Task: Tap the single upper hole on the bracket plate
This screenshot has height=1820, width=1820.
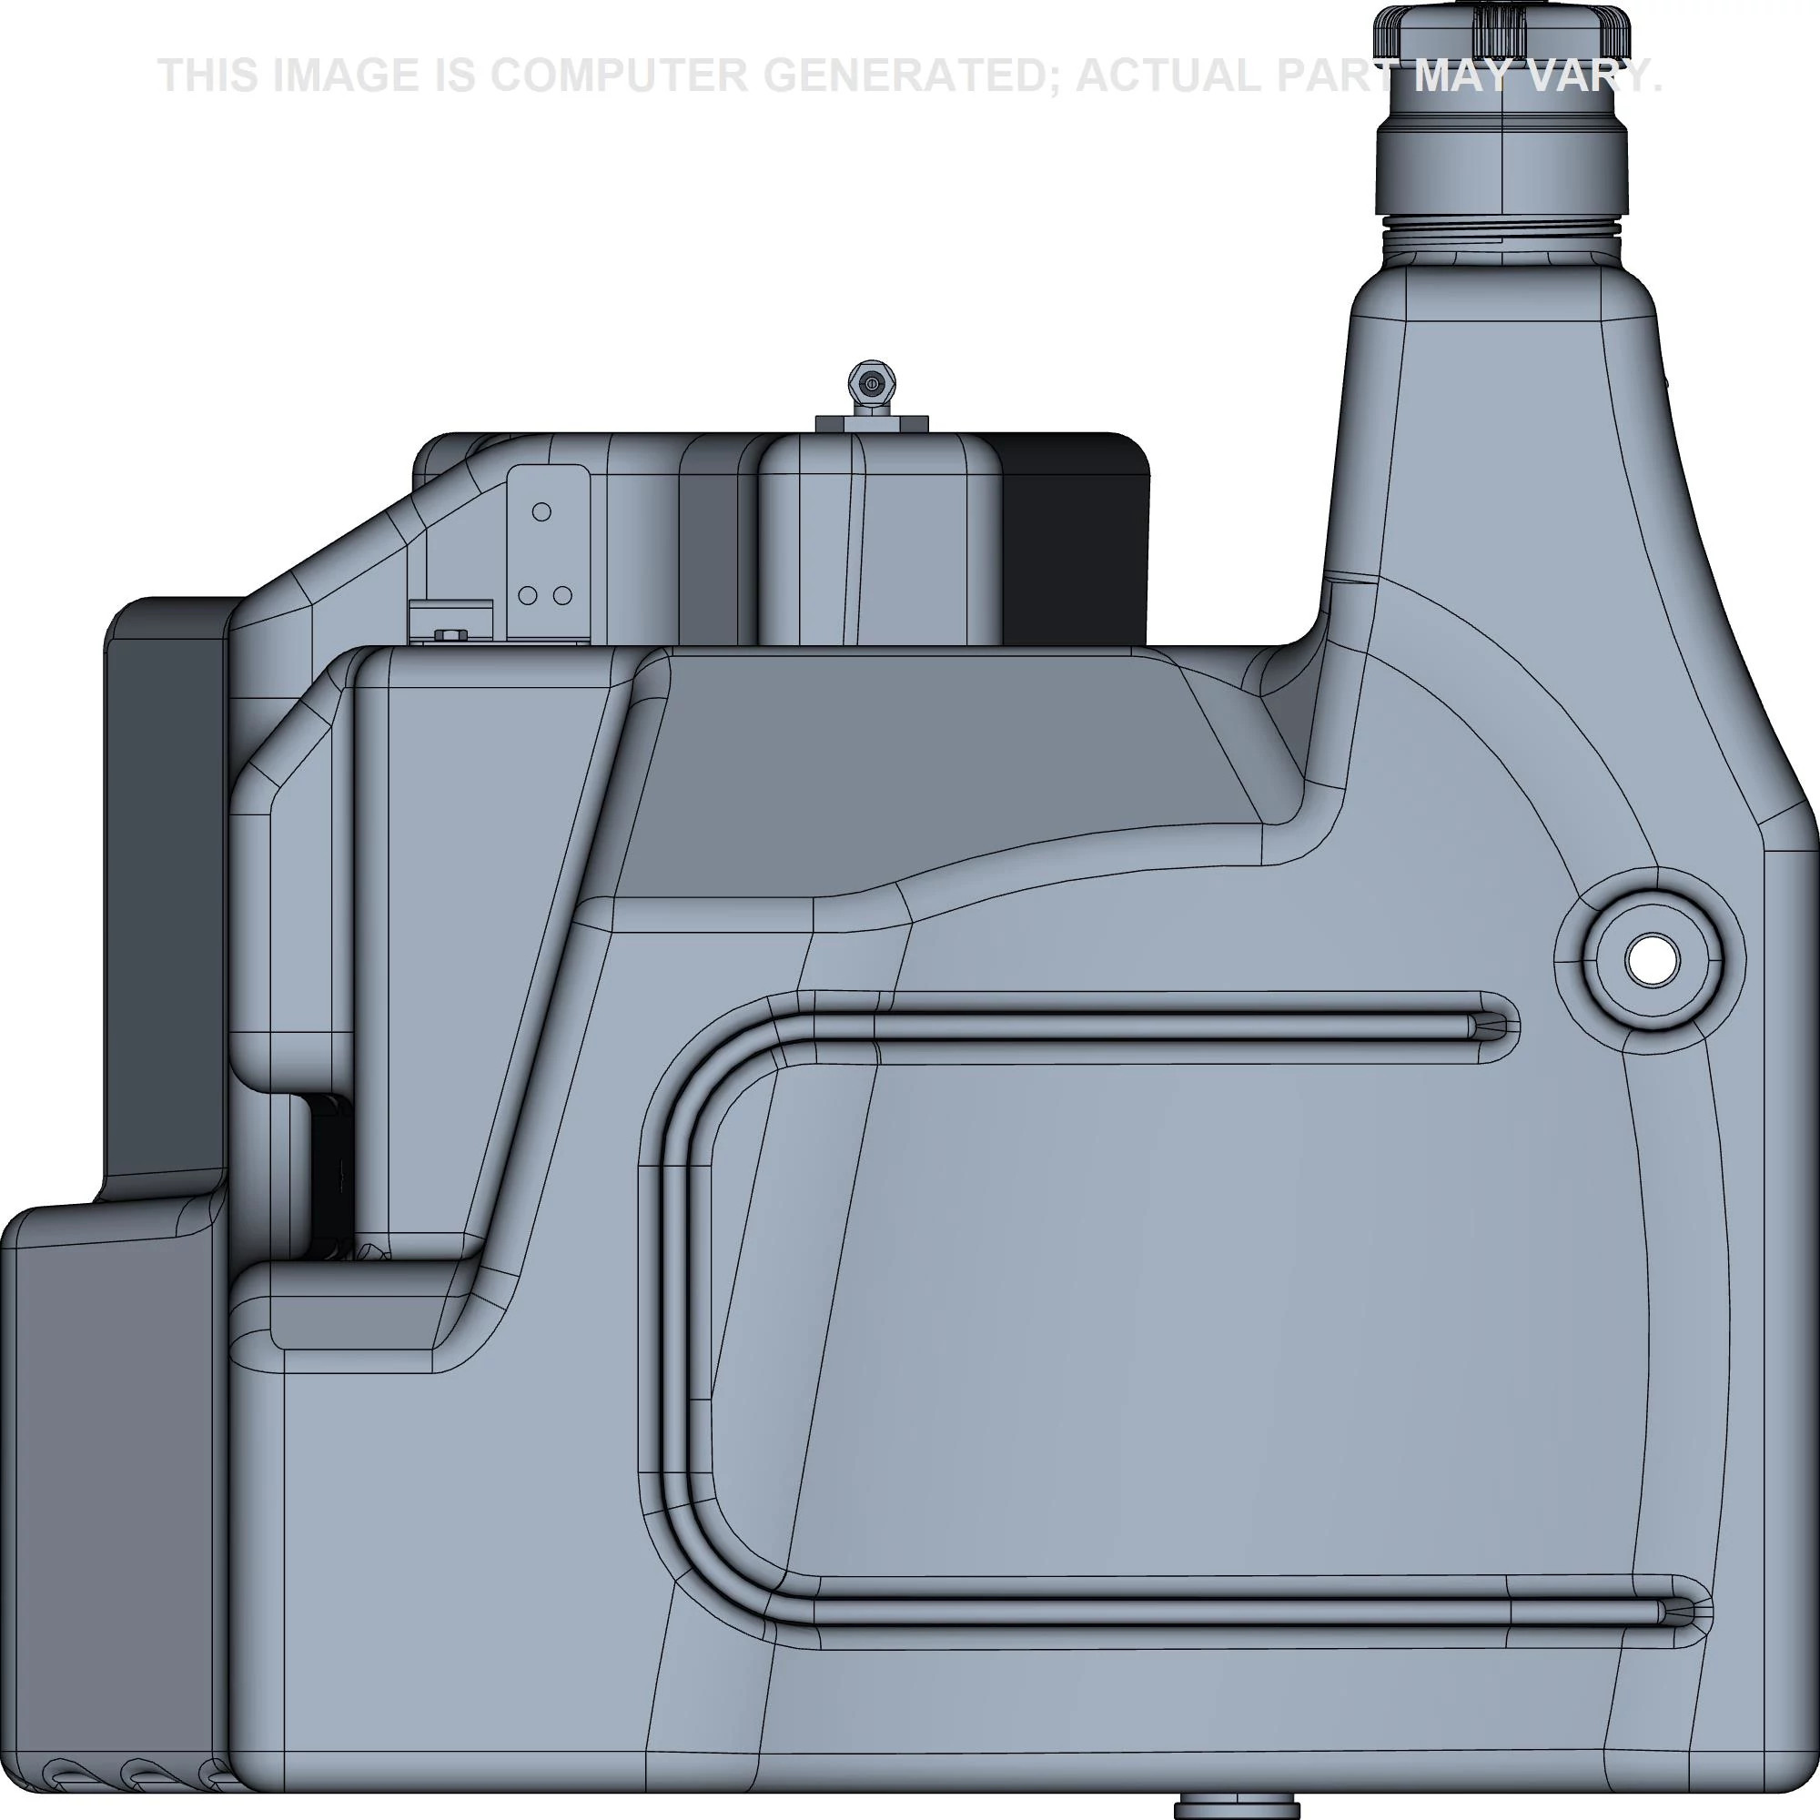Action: point(541,511)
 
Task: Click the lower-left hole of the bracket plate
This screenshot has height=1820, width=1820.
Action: point(528,595)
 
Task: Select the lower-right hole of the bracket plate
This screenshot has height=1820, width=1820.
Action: point(562,595)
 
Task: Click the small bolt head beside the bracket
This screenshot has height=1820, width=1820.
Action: point(447,633)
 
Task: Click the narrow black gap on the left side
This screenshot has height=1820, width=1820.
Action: point(327,1178)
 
